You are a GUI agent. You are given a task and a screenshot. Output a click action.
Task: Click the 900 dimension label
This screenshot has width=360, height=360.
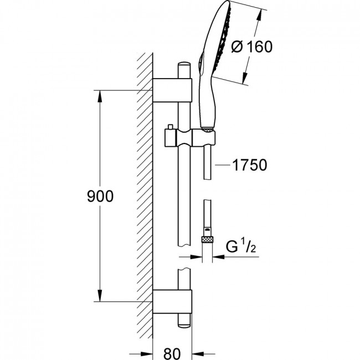[100, 197]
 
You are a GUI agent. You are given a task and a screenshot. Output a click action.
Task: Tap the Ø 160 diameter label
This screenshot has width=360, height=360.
[252, 47]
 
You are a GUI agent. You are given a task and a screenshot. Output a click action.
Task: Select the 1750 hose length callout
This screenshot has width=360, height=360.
[250, 165]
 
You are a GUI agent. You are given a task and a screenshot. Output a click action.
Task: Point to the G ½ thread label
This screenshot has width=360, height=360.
[241, 246]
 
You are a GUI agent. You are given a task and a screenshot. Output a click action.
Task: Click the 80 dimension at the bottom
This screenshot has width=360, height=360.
[172, 353]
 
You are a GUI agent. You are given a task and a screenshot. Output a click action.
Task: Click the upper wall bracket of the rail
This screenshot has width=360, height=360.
[172, 90]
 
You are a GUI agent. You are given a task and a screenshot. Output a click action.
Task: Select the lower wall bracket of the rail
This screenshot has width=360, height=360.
[172, 301]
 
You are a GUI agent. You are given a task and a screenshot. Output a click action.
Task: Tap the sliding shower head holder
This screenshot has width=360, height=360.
[190, 137]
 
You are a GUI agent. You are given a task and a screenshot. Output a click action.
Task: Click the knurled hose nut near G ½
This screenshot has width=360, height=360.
[207, 240]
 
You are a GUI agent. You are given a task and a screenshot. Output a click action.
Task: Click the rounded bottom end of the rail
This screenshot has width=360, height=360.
[184, 325]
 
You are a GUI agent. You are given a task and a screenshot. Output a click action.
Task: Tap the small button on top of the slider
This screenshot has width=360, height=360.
[171, 127]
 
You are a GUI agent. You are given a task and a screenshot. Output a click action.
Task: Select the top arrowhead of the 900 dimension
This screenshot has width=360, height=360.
[100, 96]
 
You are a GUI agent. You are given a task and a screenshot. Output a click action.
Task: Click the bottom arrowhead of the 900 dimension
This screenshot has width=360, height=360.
[100, 296]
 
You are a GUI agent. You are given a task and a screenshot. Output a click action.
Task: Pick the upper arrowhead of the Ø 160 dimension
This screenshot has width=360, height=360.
[259, 15]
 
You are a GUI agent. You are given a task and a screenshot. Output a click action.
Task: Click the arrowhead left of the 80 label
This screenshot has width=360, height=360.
[147, 354]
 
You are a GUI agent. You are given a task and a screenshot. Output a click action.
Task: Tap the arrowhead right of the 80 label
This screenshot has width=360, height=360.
[198, 354]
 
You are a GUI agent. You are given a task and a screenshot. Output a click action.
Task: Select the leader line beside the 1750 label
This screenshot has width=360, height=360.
[223, 165]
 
